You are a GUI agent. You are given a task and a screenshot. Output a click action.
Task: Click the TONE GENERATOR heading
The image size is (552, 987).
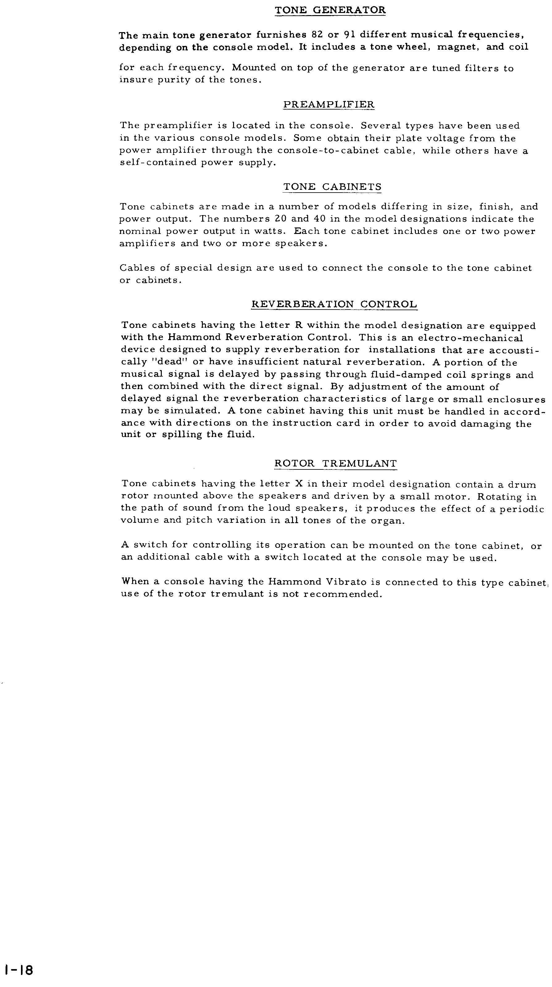pyautogui.click(x=330, y=10)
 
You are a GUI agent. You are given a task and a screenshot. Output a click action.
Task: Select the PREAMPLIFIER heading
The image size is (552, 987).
pyautogui.click(x=328, y=105)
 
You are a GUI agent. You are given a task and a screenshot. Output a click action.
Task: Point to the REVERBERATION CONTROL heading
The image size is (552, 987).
pyautogui.click(x=334, y=305)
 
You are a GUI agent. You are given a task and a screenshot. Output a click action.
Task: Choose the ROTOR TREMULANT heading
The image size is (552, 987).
pyautogui.click(x=335, y=464)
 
